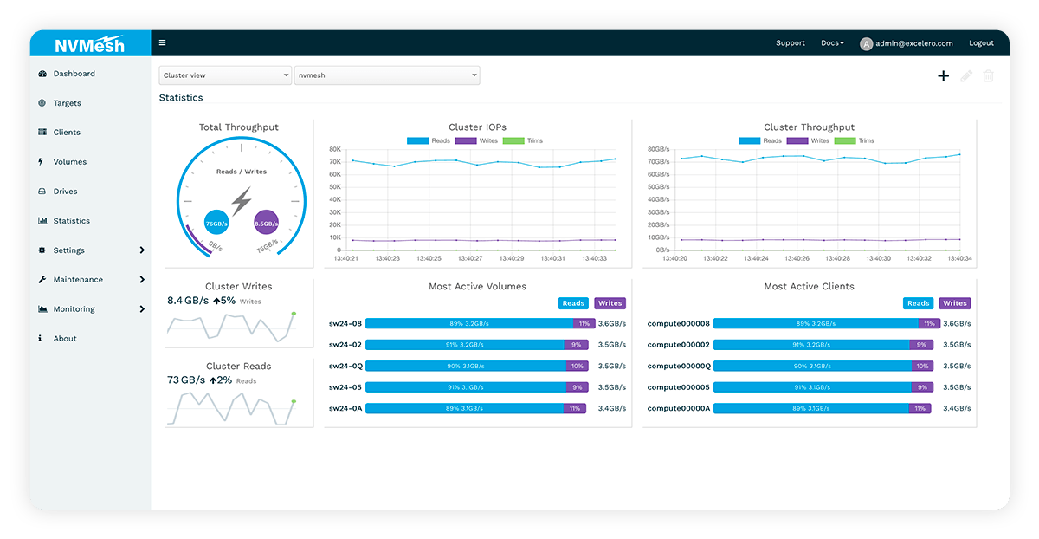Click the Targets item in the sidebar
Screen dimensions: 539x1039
pos(67,103)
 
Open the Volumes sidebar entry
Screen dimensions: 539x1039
pos(69,162)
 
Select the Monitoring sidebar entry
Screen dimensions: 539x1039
pos(74,309)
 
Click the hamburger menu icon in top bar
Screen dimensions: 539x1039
pos(163,42)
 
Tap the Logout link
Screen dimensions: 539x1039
pos(981,43)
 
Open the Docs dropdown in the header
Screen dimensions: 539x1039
pos(832,43)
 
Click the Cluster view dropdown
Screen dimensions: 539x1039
pos(225,75)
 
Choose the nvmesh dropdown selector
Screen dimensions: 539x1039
pos(387,75)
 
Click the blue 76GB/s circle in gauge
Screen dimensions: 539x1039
pos(216,223)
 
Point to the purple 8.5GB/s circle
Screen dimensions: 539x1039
pos(266,223)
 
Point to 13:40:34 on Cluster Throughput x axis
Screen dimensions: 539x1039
pos(960,258)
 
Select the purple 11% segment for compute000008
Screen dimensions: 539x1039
pos(929,323)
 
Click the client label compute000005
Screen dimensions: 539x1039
pos(678,387)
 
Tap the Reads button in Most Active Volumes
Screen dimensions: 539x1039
pos(573,303)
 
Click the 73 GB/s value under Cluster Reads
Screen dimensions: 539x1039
pos(185,380)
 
